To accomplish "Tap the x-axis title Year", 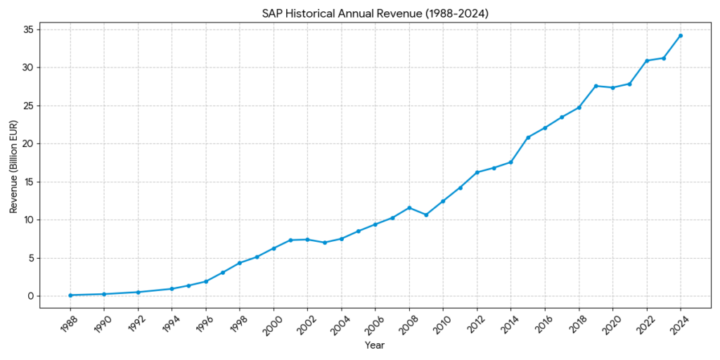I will point(375,345).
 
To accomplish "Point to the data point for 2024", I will point(680,36).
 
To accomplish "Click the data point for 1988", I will point(70,295).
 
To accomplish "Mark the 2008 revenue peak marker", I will point(409,207).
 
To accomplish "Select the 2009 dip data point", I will point(426,214).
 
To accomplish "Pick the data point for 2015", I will point(528,137).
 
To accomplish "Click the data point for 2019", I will point(596,86).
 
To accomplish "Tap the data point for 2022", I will point(646,60).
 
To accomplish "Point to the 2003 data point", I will point(324,243).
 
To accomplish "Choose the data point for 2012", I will point(477,172).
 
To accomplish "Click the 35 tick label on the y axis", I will point(27,30).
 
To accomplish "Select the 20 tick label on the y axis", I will point(27,143).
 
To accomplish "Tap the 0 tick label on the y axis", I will point(30,296).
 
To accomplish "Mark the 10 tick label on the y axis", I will point(27,220).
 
